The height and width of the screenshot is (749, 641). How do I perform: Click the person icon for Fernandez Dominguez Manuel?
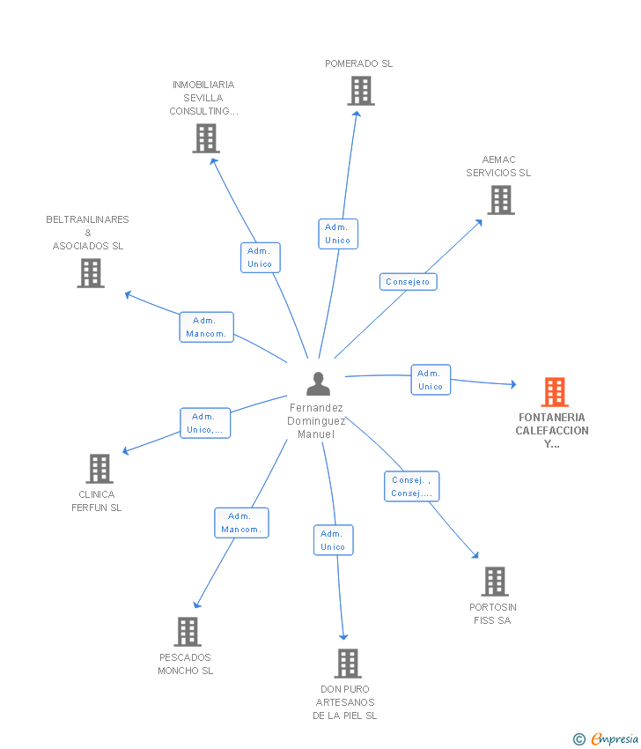[x=319, y=383]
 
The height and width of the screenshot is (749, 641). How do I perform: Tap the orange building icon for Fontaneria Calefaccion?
[x=555, y=392]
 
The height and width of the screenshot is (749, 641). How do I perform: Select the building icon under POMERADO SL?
[x=361, y=91]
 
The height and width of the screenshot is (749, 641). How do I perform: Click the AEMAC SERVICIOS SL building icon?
[x=501, y=200]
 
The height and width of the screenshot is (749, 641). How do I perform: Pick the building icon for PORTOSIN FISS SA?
[x=495, y=582]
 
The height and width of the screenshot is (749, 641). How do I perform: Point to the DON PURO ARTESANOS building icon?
[x=348, y=664]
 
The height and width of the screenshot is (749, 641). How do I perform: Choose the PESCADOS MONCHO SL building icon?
[x=188, y=632]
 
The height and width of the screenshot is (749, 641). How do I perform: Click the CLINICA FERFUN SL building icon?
[x=99, y=469]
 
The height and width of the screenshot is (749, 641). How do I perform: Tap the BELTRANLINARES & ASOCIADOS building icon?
[x=91, y=273]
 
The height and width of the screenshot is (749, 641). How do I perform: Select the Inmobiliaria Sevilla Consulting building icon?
[x=206, y=138]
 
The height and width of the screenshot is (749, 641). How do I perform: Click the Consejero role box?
[x=408, y=282]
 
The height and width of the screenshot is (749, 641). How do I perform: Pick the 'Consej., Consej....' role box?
[x=411, y=486]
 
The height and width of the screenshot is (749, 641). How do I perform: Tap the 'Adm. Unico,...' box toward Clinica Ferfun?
[x=205, y=423]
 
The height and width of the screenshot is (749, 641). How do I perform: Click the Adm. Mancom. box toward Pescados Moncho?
[x=241, y=523]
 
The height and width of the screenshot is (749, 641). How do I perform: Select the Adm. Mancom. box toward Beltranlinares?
[x=207, y=327]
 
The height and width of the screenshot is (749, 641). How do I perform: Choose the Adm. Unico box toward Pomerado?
[x=338, y=234]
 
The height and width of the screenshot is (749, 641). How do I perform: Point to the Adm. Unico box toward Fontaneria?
[x=431, y=380]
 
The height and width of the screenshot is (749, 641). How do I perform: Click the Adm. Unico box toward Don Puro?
[x=333, y=540]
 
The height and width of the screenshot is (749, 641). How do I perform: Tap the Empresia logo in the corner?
[x=605, y=738]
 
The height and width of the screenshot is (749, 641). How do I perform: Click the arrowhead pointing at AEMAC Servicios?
[x=479, y=223]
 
